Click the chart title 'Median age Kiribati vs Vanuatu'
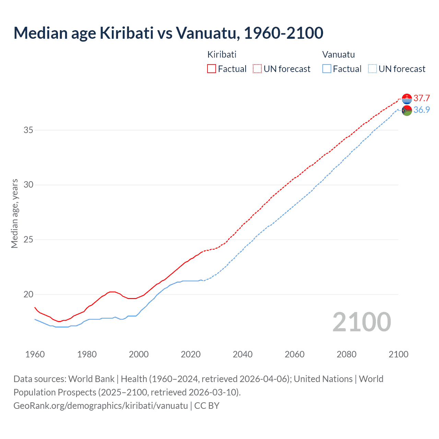168,33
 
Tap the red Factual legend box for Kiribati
212,69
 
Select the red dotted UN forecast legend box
257,69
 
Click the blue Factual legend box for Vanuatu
327,69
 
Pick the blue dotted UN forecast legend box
372,69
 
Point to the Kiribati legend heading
222,55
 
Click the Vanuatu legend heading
339,55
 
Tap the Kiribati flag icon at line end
407,99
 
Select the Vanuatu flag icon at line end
407,110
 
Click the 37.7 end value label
422,98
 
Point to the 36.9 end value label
422,110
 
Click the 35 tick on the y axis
28,130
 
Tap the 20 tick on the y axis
28,294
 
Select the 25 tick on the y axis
28,239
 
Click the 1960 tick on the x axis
35,354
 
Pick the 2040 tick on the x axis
242,354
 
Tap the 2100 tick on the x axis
399,354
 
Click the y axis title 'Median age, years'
14,213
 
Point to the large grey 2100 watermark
361,322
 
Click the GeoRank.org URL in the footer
100,406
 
